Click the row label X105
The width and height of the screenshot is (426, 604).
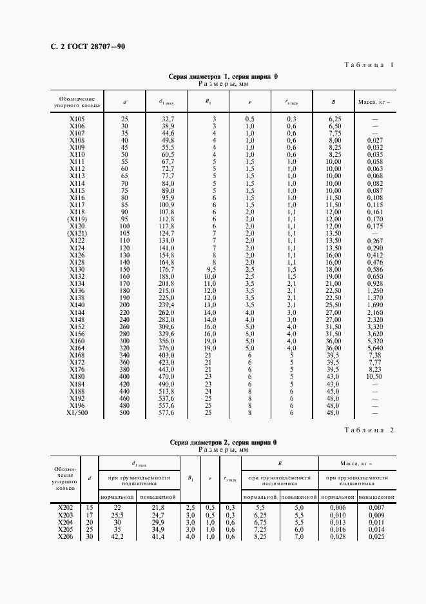77,119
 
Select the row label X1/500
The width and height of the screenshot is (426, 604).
77,413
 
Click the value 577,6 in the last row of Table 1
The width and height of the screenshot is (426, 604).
168,413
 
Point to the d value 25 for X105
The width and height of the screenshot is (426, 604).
124,119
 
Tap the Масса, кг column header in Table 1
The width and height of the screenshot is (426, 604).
374,101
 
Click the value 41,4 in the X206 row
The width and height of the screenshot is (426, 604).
159,536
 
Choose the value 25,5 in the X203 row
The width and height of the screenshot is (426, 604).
117,516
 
